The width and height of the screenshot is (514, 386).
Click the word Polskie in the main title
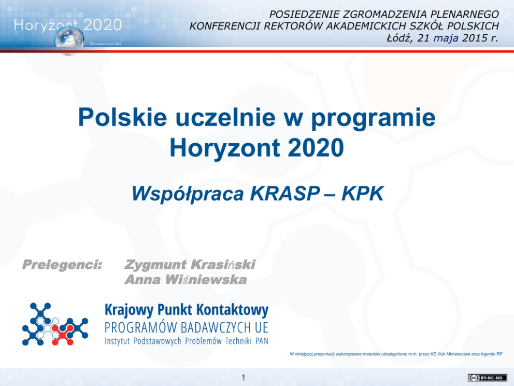point(122,117)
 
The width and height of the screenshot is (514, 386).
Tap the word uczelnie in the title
point(225,117)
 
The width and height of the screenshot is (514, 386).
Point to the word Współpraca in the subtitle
point(188,194)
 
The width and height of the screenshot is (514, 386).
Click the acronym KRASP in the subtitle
point(285,194)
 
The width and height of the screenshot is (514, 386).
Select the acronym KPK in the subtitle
point(362,194)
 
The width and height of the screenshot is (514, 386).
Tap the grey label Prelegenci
point(62,265)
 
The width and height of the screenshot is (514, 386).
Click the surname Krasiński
point(223,264)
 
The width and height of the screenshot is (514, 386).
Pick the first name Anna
point(142,280)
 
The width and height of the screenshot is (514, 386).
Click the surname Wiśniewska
point(206,279)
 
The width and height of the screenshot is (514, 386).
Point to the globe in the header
point(69,40)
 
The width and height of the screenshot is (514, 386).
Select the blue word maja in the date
point(446,38)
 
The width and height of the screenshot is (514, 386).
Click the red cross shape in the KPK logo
point(63,335)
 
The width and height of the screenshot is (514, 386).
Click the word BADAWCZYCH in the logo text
point(216,327)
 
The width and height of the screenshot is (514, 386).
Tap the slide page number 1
point(243,378)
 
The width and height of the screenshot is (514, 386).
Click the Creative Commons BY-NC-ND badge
point(488,378)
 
